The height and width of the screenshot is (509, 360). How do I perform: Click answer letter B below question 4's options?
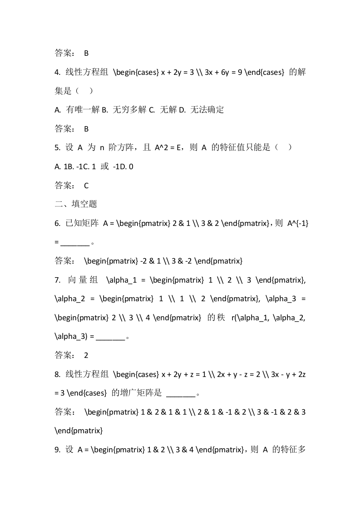pyautogui.click(x=86, y=129)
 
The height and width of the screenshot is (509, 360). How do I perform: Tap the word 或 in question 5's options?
pyautogui.click(x=104, y=166)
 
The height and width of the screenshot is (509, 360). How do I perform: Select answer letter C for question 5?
pyautogui.click(x=86, y=186)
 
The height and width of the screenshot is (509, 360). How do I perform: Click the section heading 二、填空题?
pyautogui.click(x=76, y=204)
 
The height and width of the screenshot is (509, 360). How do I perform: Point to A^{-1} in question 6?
pyautogui.click(x=298, y=223)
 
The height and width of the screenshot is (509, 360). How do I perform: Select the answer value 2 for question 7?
pyautogui.click(x=86, y=356)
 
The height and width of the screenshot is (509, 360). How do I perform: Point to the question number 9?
pyautogui.click(x=57, y=450)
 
